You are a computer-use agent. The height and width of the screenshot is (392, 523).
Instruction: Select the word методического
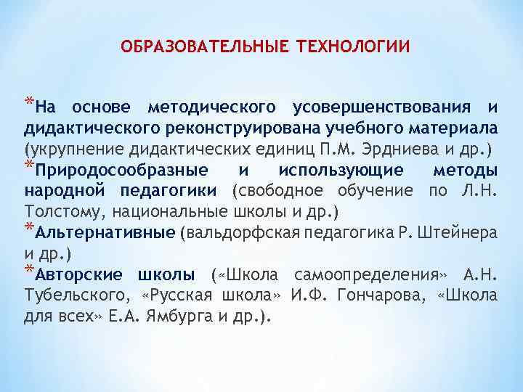(211, 108)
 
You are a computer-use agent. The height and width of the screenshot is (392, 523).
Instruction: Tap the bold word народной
(60, 191)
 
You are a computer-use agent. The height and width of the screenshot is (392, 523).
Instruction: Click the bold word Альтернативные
(105, 233)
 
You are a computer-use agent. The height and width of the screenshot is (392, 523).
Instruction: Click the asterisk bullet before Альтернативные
(30, 228)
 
